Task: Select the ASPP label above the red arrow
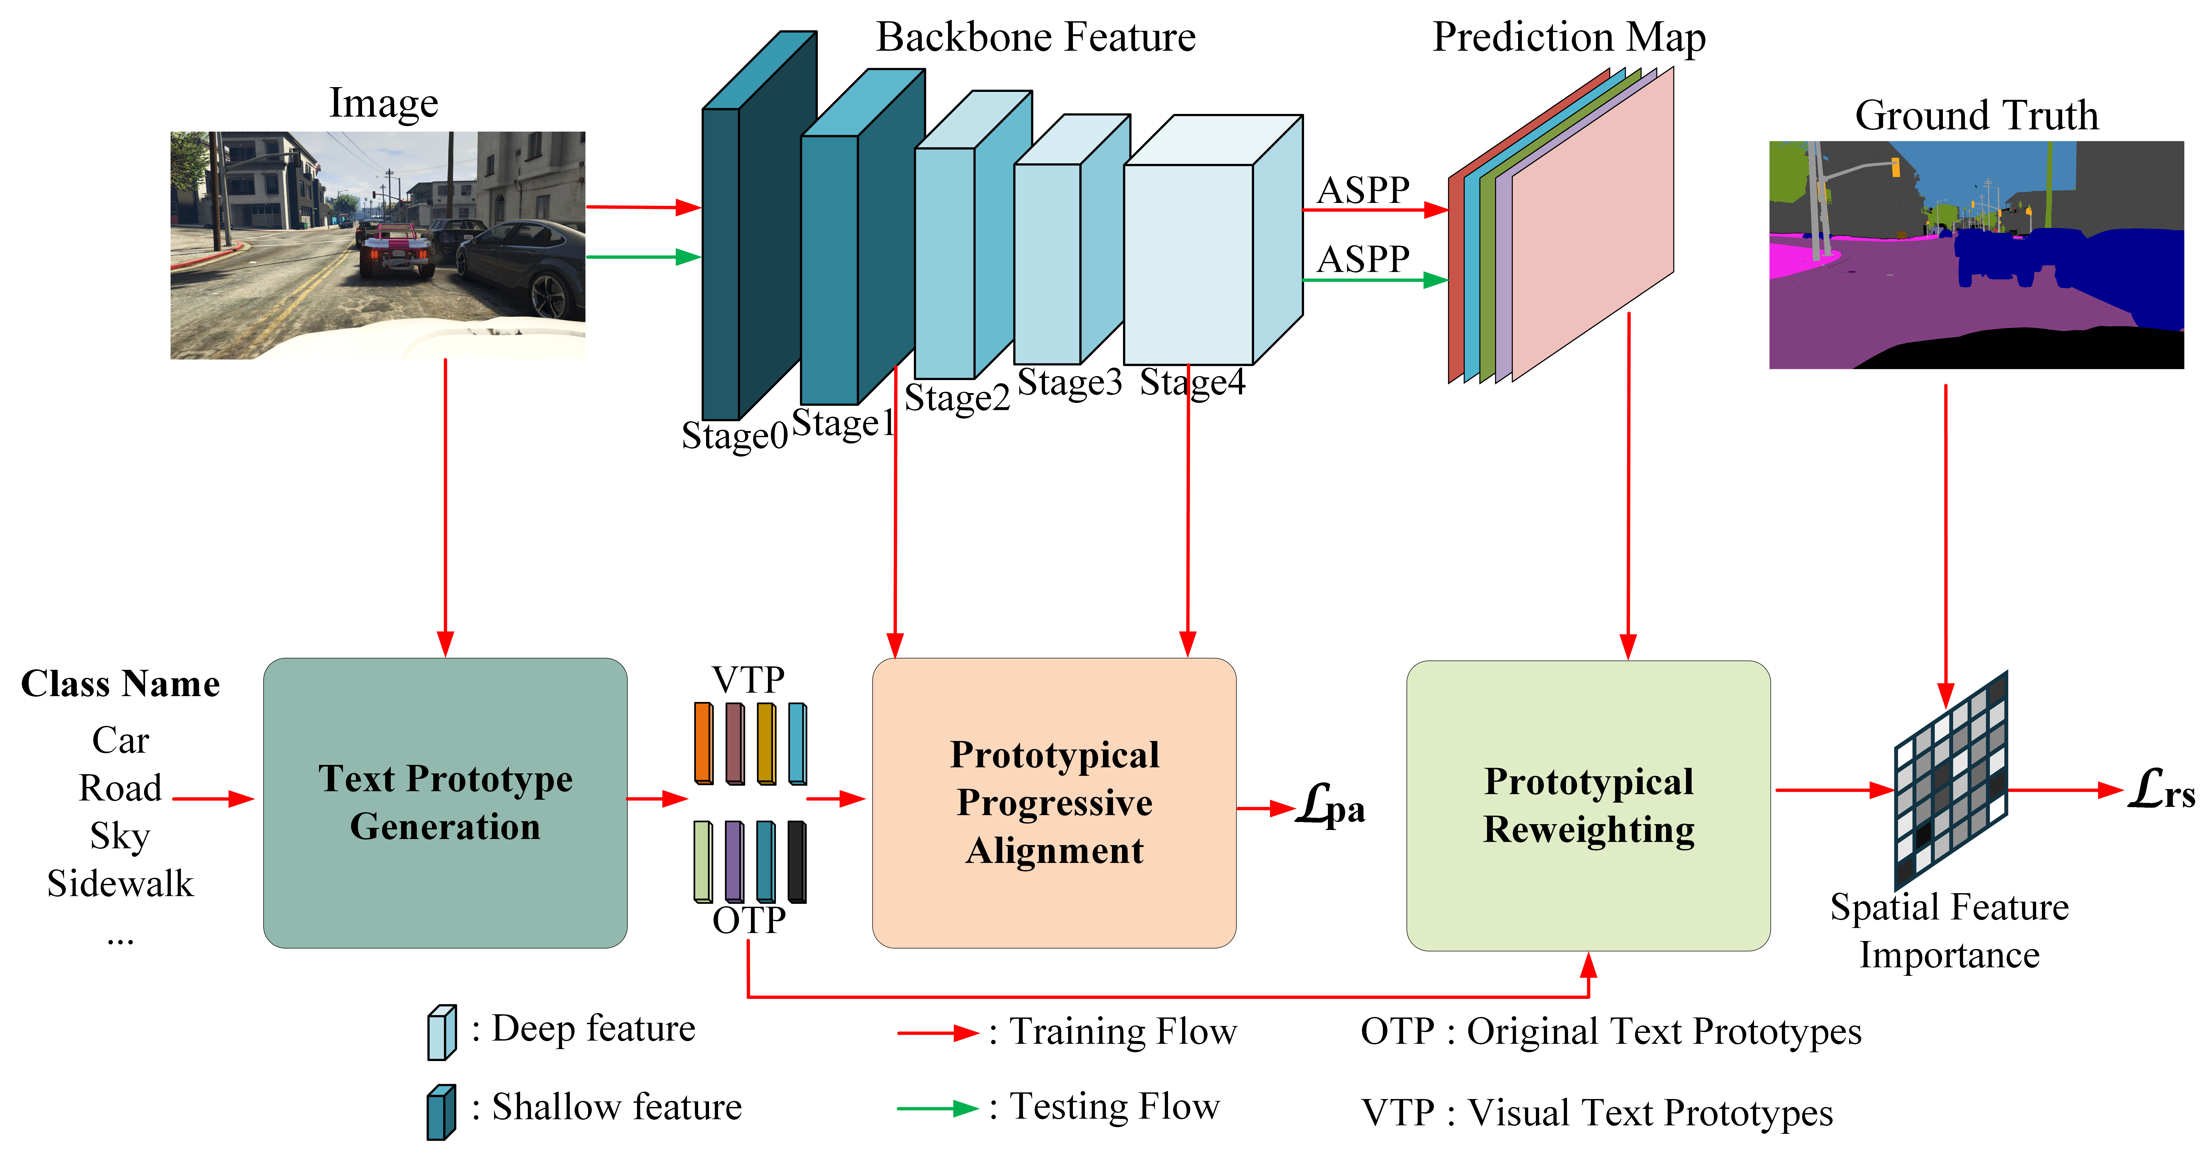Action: point(1363,190)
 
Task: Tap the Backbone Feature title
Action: point(1036,38)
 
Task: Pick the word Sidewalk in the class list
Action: point(120,883)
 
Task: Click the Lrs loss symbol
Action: point(2159,790)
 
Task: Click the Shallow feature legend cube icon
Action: point(441,1111)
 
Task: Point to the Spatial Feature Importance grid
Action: point(1951,782)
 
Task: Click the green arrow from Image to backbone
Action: point(642,256)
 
